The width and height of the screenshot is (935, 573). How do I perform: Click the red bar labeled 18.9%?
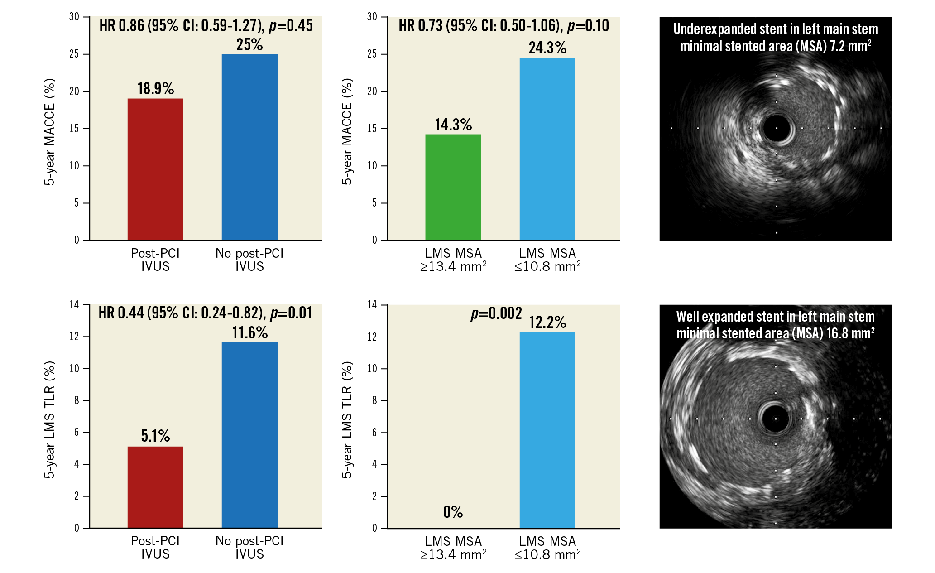tap(155, 169)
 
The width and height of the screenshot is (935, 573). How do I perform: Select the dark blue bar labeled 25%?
tap(249, 146)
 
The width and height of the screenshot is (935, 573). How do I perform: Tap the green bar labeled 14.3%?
tap(453, 187)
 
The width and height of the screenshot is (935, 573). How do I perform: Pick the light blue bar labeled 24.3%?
tap(547, 148)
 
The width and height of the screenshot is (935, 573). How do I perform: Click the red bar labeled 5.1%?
tap(155, 486)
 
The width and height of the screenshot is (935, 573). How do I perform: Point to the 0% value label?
tap(453, 512)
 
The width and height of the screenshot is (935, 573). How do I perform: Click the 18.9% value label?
tap(155, 88)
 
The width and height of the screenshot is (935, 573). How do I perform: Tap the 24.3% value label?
tap(547, 48)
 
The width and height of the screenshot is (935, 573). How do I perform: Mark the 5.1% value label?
tap(155, 436)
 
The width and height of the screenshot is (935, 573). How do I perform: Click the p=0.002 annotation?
tap(496, 313)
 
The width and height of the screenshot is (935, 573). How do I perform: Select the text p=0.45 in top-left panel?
tap(291, 26)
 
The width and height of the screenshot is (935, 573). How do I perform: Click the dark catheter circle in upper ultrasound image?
tap(777, 128)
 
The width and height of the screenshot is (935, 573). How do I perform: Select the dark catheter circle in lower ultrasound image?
tap(775, 419)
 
